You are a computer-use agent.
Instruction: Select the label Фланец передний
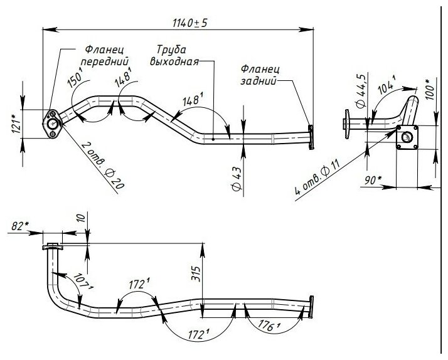(105, 56)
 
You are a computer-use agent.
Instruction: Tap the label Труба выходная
(174, 56)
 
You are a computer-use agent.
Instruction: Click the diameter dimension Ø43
(236, 179)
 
